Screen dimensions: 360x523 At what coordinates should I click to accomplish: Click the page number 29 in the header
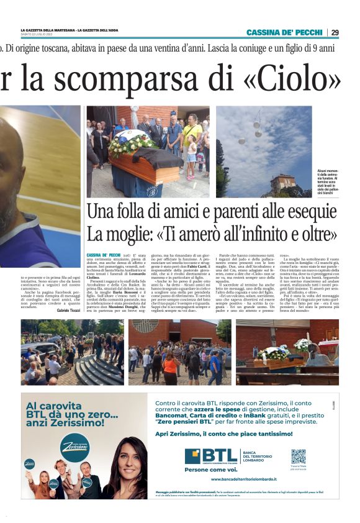point(335,32)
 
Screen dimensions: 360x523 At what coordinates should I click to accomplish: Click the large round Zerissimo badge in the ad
point(74,447)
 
